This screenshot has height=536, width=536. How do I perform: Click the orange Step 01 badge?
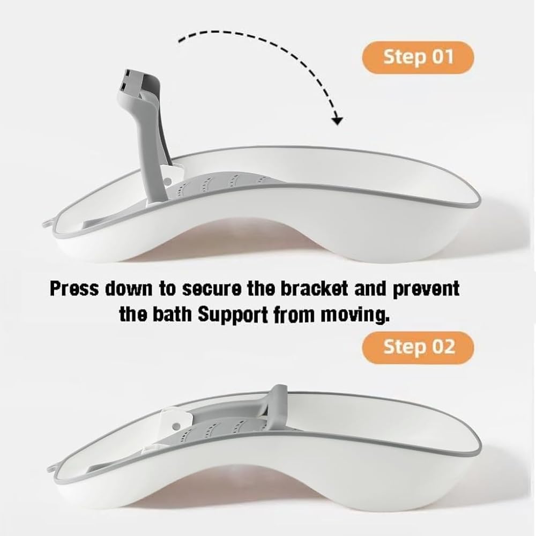coord(418,57)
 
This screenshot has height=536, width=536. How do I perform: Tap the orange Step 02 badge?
coord(418,347)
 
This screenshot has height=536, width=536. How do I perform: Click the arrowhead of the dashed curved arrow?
coord(337,121)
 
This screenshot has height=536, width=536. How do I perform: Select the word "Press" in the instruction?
coord(74,289)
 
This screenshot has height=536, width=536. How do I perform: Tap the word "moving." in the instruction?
coord(355,316)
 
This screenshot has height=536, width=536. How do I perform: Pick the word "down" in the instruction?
coord(128,289)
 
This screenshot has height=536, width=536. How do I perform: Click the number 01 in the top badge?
coord(443,57)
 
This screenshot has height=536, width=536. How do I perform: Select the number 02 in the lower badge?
coord(443,347)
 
